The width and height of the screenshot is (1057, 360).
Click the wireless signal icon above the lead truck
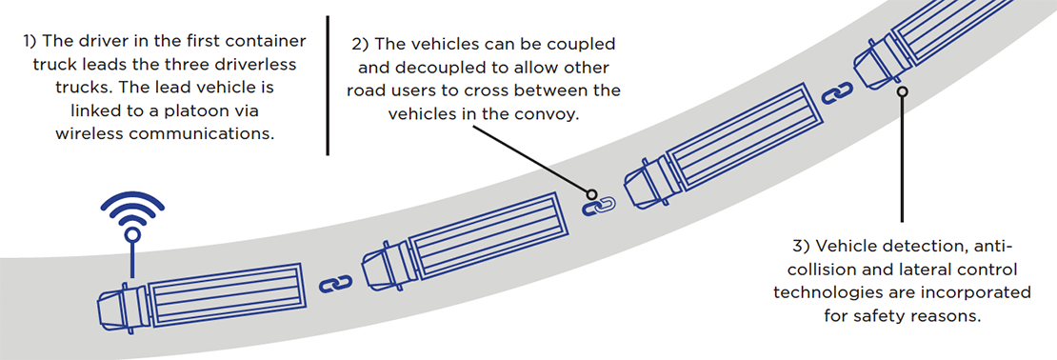[132, 211]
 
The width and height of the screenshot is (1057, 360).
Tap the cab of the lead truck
[118, 309]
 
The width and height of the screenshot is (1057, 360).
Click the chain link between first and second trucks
[335, 283]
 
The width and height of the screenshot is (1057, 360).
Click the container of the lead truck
[220, 295]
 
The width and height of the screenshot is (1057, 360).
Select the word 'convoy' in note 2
[556, 113]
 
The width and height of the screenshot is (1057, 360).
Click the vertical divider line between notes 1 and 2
[328, 86]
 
